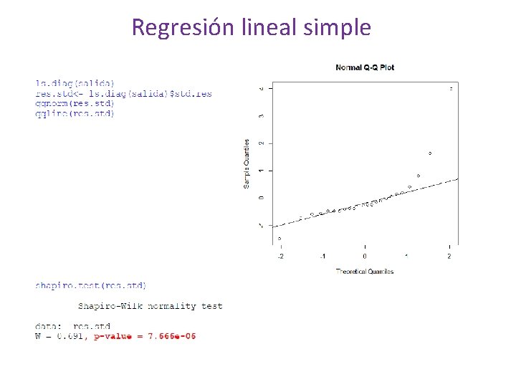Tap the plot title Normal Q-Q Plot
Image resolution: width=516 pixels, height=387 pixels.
coord(365,67)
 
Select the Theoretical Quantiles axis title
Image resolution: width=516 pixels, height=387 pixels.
coord(364,272)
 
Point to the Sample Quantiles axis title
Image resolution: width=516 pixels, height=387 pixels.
coord(247,164)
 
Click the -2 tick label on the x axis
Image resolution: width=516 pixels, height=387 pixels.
coord(280,257)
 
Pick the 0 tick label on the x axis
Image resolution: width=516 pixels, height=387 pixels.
coord(365,257)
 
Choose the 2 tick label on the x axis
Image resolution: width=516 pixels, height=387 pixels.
coord(449,257)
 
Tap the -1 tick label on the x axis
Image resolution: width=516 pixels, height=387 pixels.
coord(322,257)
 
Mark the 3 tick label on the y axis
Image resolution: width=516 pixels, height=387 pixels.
coord(261,115)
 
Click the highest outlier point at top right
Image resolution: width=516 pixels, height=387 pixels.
coord(451,89)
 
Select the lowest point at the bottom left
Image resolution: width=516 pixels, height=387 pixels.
coord(279,239)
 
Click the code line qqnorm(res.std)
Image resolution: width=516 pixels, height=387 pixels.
coord(75,103)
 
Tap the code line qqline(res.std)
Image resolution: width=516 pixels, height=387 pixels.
coord(75,113)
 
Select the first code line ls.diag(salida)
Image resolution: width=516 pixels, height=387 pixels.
coord(75,84)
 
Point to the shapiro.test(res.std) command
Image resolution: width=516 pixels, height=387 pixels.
coord(90,285)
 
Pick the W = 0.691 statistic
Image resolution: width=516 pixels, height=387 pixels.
coord(59,336)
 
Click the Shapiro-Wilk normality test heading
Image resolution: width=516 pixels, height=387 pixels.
coord(150,306)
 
